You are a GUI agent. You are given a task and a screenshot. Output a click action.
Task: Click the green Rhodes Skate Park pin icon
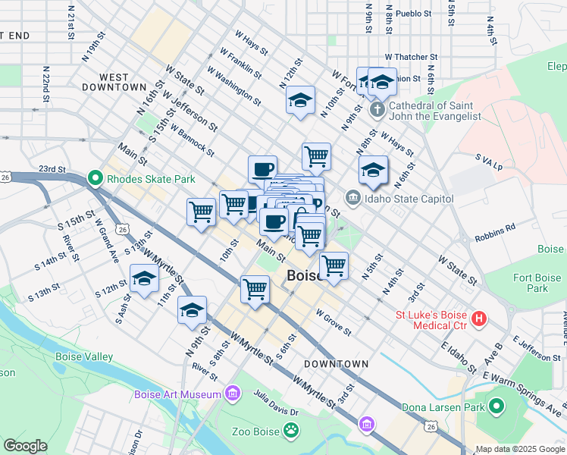coord(96,179)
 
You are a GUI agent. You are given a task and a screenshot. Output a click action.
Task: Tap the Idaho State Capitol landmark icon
coord(352,199)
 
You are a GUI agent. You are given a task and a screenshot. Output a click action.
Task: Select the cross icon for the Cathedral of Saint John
coord(377,111)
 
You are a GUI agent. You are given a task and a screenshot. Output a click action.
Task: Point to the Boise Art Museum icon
coord(233,394)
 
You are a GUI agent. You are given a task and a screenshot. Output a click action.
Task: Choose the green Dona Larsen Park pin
coord(496,408)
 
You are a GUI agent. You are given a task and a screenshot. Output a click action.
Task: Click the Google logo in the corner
coord(25,446)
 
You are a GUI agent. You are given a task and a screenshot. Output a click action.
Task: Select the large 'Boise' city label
coord(305,278)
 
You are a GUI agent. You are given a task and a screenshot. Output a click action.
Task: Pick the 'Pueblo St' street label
coord(414,14)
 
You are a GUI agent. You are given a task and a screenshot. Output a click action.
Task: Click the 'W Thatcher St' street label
coord(412,57)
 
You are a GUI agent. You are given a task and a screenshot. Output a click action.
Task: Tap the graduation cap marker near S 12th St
coord(145,279)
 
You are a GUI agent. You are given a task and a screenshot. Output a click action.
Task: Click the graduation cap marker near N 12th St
coord(300,101)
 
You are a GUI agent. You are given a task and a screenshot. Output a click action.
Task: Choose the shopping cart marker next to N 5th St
coord(334,266)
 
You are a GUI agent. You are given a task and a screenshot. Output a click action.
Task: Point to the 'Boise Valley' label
coord(84,356)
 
